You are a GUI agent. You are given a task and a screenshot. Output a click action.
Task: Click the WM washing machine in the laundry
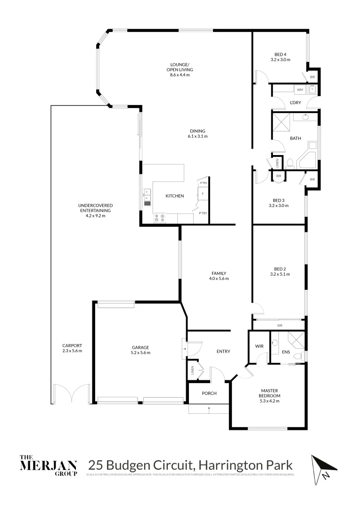[300, 89]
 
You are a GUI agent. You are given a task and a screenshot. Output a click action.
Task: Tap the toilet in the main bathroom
[291, 164]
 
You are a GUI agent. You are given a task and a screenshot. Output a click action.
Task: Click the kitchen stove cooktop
[159, 218]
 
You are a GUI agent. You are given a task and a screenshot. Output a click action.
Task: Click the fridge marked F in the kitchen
[203, 194]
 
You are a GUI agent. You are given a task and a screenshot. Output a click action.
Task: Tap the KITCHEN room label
[174, 196]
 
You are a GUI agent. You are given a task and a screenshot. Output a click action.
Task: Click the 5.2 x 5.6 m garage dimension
[140, 353]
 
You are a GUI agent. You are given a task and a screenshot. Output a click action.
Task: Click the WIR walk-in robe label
[259, 346]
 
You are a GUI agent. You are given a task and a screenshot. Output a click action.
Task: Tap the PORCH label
[209, 393]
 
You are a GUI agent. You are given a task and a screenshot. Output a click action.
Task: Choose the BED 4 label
[280, 54]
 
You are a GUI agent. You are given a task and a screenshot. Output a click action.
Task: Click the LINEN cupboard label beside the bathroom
[278, 163]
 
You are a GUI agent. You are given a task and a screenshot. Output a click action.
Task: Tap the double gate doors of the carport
[71, 394]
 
